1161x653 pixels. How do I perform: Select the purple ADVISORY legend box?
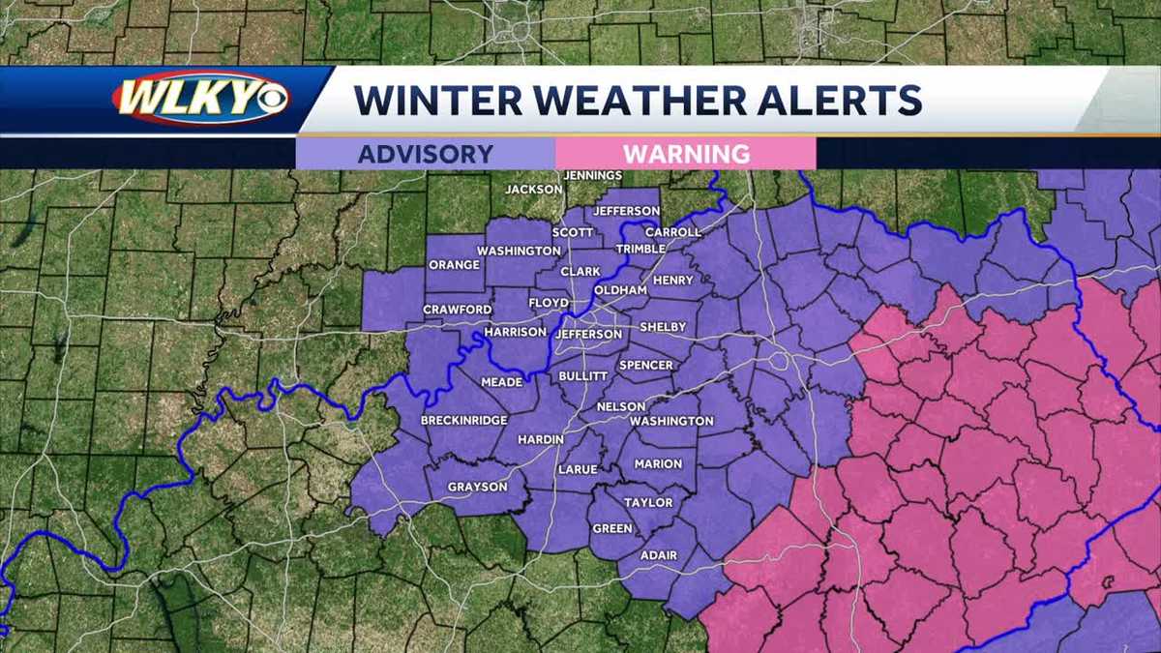pyautogui.click(x=426, y=153)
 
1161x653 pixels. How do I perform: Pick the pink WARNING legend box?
pyautogui.click(x=686, y=153)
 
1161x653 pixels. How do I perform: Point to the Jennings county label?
pyautogui.click(x=591, y=175)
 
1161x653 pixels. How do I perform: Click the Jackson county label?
pyautogui.click(x=533, y=190)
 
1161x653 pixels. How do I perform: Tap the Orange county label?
pyautogui.click(x=454, y=265)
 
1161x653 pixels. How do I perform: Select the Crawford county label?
pyautogui.click(x=458, y=310)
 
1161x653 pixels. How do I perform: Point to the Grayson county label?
pyautogui.click(x=477, y=487)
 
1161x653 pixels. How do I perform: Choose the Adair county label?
pyautogui.click(x=660, y=555)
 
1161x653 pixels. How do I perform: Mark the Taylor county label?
pyautogui.click(x=648, y=503)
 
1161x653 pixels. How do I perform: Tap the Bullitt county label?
pyautogui.click(x=583, y=374)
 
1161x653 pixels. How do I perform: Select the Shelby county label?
pyautogui.click(x=663, y=327)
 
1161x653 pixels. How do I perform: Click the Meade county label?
pyautogui.click(x=501, y=382)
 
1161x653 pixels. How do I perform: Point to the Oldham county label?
pyautogui.click(x=619, y=290)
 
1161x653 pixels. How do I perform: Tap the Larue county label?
pyautogui.click(x=578, y=469)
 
